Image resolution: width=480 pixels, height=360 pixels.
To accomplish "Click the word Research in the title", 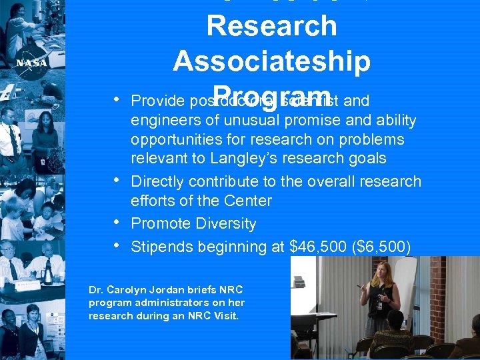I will (271, 26).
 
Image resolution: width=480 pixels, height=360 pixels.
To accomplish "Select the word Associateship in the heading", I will (271, 61).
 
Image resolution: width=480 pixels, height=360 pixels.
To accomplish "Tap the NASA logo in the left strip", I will (31, 61).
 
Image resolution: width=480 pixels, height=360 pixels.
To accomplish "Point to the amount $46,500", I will (318, 247).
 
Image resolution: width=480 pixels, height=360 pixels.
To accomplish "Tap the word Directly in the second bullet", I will (157, 181).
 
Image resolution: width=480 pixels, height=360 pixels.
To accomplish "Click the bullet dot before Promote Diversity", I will (117, 222).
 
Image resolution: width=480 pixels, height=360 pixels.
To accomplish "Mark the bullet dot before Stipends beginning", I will (117, 245).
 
